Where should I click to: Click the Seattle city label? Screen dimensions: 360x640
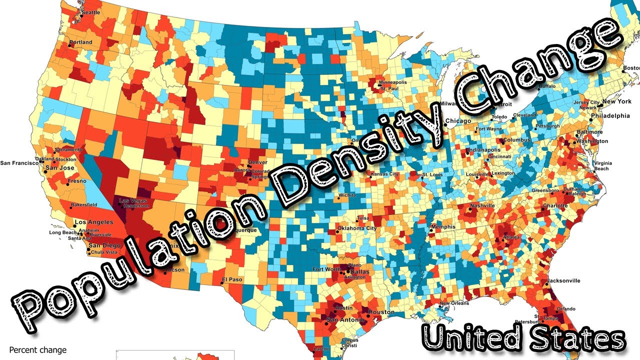90,12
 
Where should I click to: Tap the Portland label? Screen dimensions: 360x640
80,42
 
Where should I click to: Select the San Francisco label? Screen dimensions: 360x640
19,162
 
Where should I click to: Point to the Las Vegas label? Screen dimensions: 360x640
130,201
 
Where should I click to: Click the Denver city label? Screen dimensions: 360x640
257,162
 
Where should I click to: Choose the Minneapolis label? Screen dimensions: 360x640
392,82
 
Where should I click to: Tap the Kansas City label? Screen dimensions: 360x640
384,174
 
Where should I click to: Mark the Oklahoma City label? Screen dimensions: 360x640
357,228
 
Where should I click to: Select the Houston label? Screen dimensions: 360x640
381,312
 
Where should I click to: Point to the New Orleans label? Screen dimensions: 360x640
454,303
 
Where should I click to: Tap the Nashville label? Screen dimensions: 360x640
482,205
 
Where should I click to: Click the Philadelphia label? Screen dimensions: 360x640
610,115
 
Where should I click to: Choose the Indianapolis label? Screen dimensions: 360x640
483,150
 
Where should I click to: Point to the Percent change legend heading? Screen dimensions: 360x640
37,350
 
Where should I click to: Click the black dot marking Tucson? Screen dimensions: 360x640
165,273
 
